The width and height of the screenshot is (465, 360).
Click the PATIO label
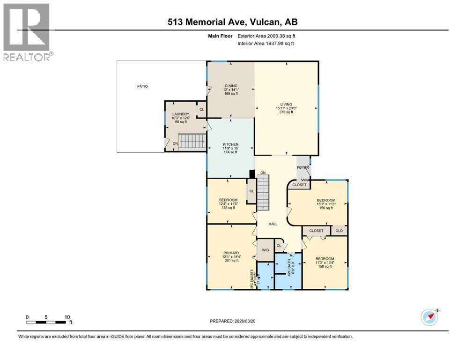142,86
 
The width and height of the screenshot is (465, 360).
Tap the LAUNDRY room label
180,114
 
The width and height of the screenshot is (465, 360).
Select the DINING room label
231,86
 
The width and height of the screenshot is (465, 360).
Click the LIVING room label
286,105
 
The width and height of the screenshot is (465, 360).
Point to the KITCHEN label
231,144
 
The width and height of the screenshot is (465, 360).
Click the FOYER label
303,167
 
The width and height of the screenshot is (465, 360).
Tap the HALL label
273,224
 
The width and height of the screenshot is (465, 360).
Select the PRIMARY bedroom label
230,253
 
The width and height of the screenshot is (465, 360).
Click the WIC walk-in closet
265,250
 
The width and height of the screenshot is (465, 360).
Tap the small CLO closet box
339,231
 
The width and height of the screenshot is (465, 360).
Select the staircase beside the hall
264,192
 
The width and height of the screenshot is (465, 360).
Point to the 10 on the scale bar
67,317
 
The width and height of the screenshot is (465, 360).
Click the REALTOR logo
27,32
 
